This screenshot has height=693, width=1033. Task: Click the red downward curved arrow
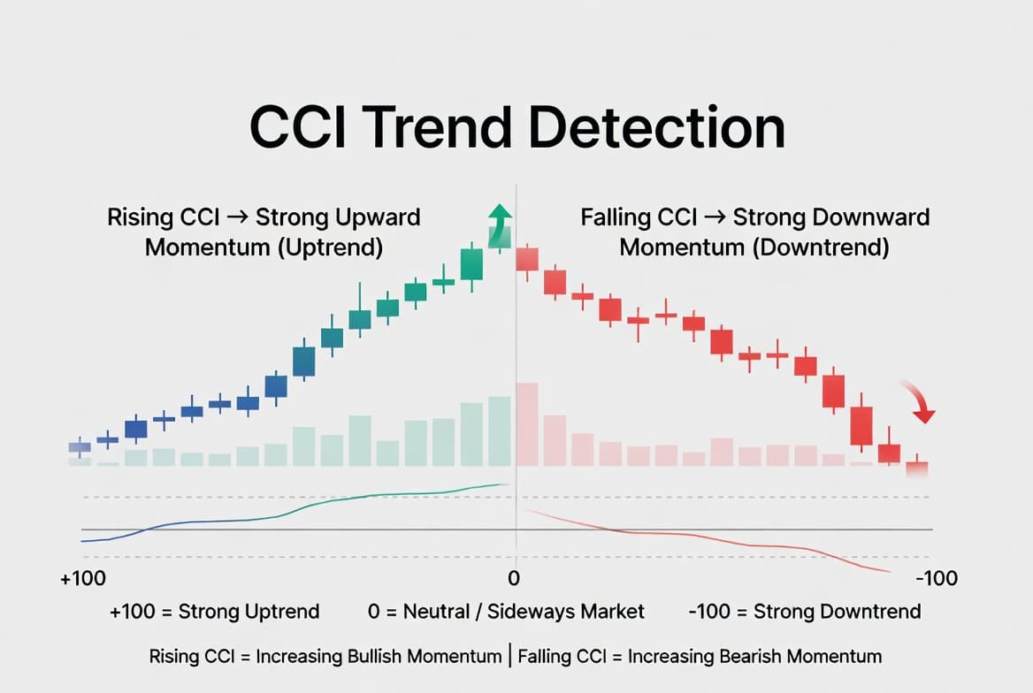(920, 403)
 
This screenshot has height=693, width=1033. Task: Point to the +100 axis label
(83, 579)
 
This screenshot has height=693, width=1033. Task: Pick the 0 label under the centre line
(513, 579)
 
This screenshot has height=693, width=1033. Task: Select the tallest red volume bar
(526, 424)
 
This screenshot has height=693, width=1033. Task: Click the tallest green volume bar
(500, 430)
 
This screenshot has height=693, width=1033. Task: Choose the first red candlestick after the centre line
(527, 259)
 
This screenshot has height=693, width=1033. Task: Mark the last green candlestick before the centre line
(472, 263)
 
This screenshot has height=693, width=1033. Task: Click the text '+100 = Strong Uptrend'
(215, 611)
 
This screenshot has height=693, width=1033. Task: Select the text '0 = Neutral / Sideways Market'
(506, 611)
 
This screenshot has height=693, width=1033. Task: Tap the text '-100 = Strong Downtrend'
(804, 611)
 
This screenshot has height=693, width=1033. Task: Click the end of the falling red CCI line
(889, 572)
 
